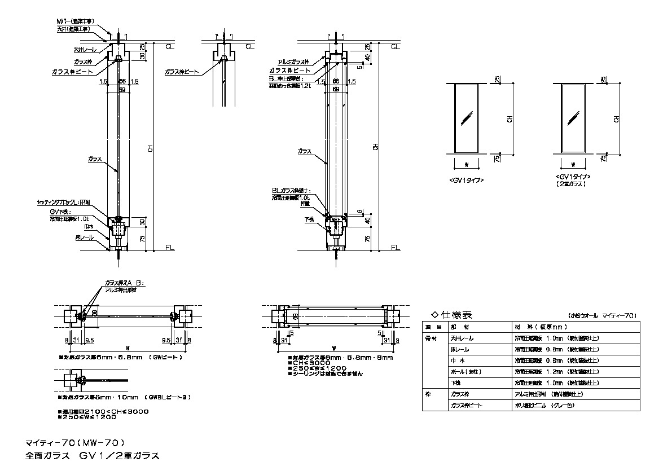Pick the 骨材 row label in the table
tap(431, 338)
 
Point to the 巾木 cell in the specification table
tap(458, 361)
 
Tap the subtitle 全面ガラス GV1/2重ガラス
tap(93, 455)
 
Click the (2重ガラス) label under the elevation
tap(572, 184)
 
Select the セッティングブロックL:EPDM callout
tap(64, 201)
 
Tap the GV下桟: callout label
tap(59, 211)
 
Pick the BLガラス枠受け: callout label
tap(291, 191)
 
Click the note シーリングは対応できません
tap(327, 373)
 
